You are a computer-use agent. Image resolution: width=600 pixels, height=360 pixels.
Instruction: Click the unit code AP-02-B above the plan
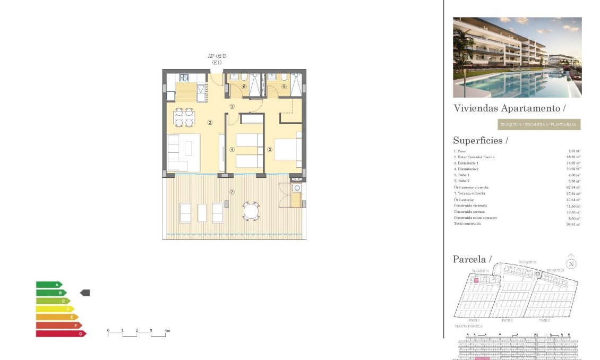(x=217, y=56)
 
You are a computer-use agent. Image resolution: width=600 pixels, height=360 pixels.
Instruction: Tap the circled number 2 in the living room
(x=210, y=123)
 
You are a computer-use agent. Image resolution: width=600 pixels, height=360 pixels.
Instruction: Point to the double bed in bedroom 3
(x=287, y=149)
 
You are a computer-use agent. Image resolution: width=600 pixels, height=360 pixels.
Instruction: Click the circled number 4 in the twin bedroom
(x=232, y=150)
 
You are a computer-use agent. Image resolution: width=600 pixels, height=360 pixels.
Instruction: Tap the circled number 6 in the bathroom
(x=244, y=87)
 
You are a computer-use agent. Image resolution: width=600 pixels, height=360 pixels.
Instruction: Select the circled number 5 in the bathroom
(x=284, y=87)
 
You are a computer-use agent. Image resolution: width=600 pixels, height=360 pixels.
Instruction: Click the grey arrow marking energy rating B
(x=85, y=293)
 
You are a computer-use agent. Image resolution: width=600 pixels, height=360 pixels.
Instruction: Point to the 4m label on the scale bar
(x=167, y=331)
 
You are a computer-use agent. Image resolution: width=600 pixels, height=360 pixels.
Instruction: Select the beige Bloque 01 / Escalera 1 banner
(x=538, y=125)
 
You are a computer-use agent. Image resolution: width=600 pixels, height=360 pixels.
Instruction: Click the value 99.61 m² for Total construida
(x=573, y=224)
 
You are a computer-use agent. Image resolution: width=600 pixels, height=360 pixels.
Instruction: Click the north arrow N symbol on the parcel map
(x=571, y=264)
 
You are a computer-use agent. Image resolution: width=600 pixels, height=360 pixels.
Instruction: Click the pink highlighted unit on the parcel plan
(x=476, y=280)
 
